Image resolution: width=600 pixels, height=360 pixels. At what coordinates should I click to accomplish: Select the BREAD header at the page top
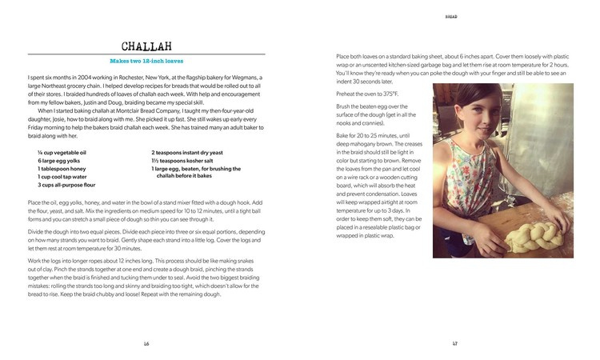coord(454,15)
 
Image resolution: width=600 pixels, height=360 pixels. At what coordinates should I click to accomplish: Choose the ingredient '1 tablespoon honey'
coord(62,169)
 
